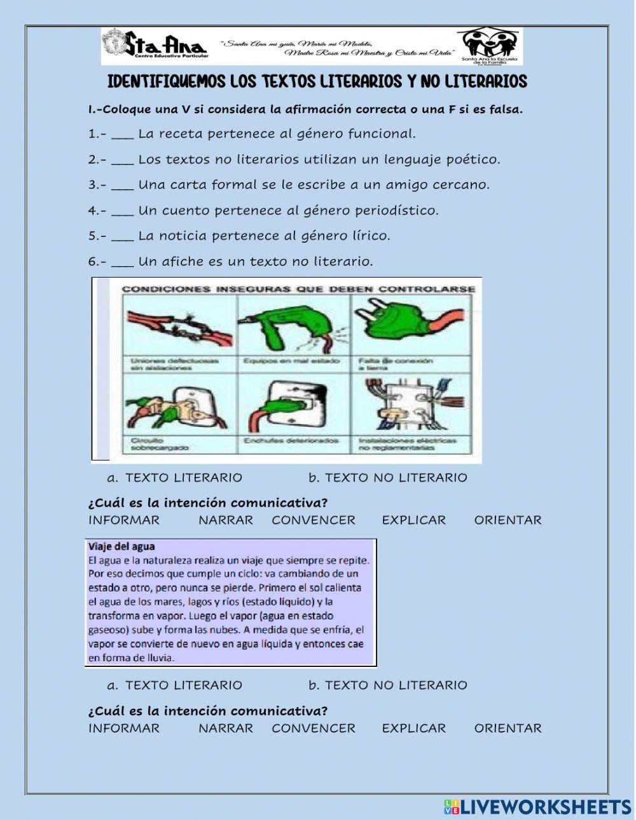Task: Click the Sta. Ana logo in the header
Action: tap(155, 44)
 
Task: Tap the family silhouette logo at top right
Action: tap(490, 43)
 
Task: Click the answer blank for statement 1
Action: tap(122, 134)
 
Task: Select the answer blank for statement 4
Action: tap(122, 210)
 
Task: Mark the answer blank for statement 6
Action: tap(122, 261)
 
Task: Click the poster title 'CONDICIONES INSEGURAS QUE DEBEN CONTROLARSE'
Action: tap(298, 289)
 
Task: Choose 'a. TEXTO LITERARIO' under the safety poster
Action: tap(176, 478)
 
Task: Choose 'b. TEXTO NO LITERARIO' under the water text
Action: tap(388, 685)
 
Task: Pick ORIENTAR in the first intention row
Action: tap(508, 520)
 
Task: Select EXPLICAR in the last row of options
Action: tap(414, 729)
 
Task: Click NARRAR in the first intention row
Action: tap(226, 520)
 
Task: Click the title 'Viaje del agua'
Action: tap(121, 546)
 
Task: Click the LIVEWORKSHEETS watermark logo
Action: tap(537, 807)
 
